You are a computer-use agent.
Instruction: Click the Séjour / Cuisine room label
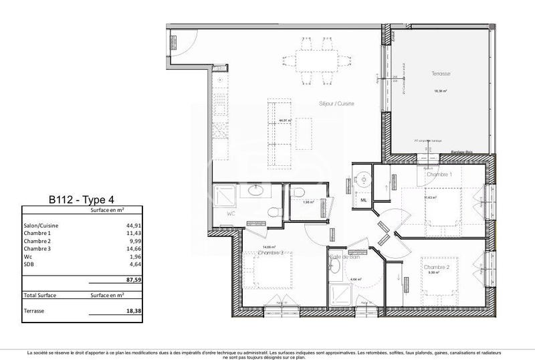click(336, 104)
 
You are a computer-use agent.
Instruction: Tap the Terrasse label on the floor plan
click(441, 74)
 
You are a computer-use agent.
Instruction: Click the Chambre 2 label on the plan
click(437, 267)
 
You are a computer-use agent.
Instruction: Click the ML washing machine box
click(363, 199)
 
